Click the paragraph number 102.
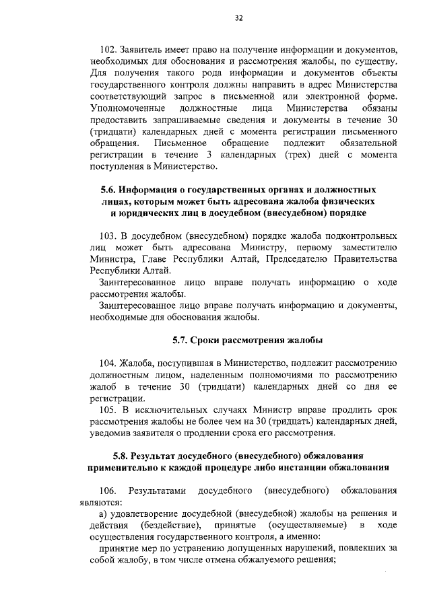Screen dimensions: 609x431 [x=108, y=49]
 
